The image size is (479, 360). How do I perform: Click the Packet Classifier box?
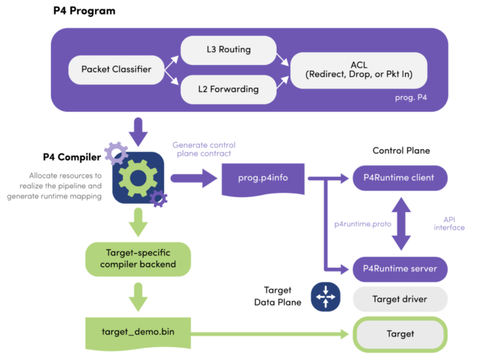pyautogui.click(x=116, y=69)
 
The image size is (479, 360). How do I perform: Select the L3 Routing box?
pyautogui.click(x=228, y=49)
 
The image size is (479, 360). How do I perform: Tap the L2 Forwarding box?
pyautogui.click(x=228, y=89)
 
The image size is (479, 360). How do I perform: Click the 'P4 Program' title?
pyautogui.click(x=84, y=11)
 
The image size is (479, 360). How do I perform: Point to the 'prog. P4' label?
pyautogui.click(x=411, y=98)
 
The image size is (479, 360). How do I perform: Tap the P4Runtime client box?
pyautogui.click(x=400, y=178)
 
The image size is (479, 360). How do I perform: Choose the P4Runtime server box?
pyautogui.click(x=400, y=269)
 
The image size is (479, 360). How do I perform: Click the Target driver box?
pyautogui.click(x=400, y=299)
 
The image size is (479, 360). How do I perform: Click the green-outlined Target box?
pyautogui.click(x=400, y=334)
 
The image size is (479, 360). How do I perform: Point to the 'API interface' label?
pyautogui.click(x=449, y=223)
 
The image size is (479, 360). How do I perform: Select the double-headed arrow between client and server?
pyautogui.click(x=400, y=223)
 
